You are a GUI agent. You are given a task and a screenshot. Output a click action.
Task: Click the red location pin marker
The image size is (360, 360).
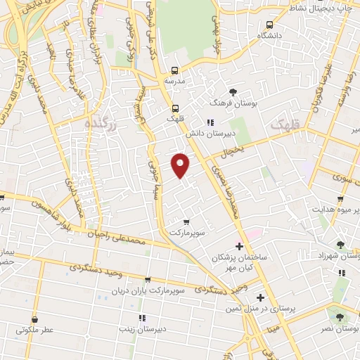point(181,165)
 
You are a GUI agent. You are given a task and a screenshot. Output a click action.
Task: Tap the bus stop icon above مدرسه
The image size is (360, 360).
point(174,70)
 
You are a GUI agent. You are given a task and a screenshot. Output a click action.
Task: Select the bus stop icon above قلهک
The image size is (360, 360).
point(174,108)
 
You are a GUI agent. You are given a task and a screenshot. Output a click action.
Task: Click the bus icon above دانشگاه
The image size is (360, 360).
point(268,22)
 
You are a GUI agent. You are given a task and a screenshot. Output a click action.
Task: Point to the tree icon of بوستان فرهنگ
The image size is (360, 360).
point(233,91)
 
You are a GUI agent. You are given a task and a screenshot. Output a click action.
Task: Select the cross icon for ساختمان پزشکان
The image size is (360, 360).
point(239,246)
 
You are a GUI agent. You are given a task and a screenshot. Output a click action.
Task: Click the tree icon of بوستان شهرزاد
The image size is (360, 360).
point(340,245)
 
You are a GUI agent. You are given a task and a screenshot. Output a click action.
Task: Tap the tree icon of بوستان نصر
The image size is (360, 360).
point(340,317)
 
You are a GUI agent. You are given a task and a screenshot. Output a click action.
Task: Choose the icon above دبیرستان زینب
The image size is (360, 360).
point(143,317)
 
